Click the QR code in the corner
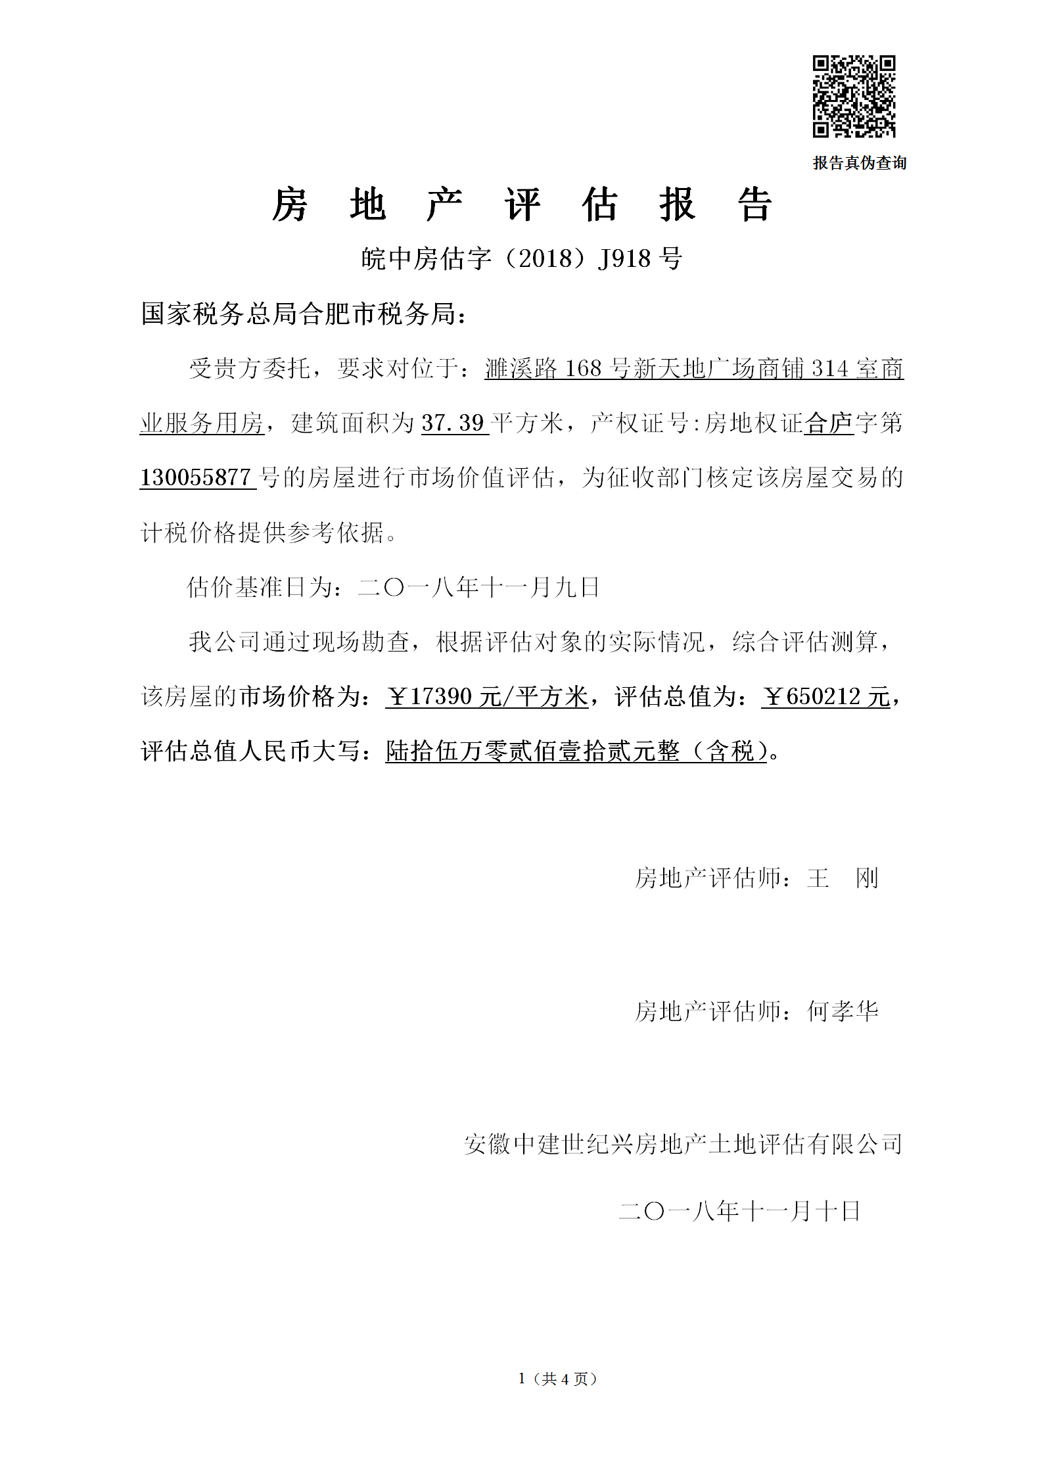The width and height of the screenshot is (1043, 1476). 854,97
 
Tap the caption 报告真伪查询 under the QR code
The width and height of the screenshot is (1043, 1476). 859,163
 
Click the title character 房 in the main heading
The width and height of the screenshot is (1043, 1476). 290,204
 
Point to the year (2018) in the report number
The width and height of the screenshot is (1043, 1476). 545,258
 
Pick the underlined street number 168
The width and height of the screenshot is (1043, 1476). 583,368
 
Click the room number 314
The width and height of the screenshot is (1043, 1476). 829,368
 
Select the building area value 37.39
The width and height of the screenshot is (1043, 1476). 453,423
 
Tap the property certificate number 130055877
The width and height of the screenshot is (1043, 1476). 196,477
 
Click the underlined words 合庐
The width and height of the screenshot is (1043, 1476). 828,423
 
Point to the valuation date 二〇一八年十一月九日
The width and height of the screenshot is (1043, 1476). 478,587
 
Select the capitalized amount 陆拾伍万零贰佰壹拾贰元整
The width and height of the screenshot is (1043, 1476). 532,751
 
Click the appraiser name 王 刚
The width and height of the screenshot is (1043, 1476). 843,878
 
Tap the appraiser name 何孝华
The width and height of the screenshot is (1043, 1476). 843,1012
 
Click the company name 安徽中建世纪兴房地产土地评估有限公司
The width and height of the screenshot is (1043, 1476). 683,1145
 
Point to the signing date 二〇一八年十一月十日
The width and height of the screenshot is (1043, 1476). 739,1210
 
